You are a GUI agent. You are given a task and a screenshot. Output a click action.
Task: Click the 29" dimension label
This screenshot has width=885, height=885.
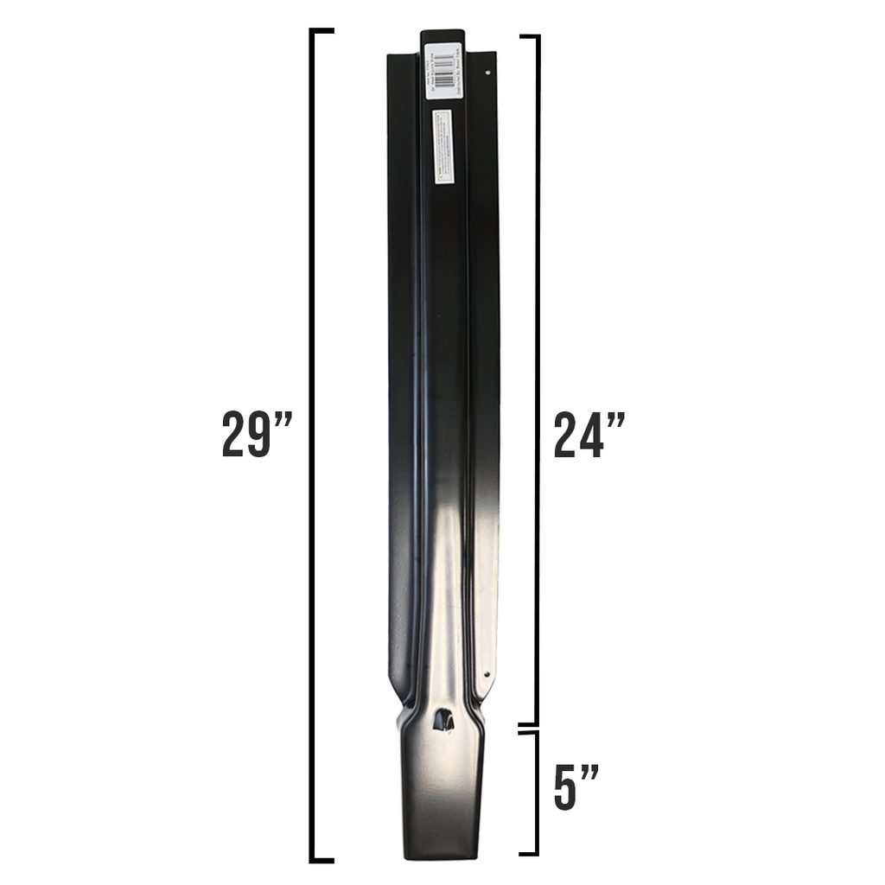tap(257, 434)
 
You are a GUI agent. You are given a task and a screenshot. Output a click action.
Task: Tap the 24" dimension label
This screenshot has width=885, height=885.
tap(589, 434)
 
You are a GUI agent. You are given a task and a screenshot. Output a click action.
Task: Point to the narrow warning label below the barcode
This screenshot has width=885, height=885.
tap(441, 145)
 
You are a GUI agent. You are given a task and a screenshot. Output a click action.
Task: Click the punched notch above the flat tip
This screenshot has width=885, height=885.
tap(442, 719)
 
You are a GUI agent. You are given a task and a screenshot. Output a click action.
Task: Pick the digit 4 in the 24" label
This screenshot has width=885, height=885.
tap(590, 434)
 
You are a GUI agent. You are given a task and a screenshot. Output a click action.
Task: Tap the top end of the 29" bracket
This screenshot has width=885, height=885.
tap(322, 31)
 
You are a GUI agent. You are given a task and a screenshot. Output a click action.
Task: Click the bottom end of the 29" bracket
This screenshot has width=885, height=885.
tap(322, 860)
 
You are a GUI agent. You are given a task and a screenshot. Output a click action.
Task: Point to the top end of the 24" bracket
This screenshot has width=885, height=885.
tap(529, 37)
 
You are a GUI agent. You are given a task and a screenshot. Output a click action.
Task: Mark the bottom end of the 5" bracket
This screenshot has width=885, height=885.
tap(529, 854)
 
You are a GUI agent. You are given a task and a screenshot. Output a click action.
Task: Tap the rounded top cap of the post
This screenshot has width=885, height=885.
tap(442, 35)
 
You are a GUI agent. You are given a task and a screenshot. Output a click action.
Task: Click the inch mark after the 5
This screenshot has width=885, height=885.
tap(589, 769)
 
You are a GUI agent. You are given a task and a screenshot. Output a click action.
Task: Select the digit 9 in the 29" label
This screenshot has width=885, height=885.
tap(261, 434)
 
